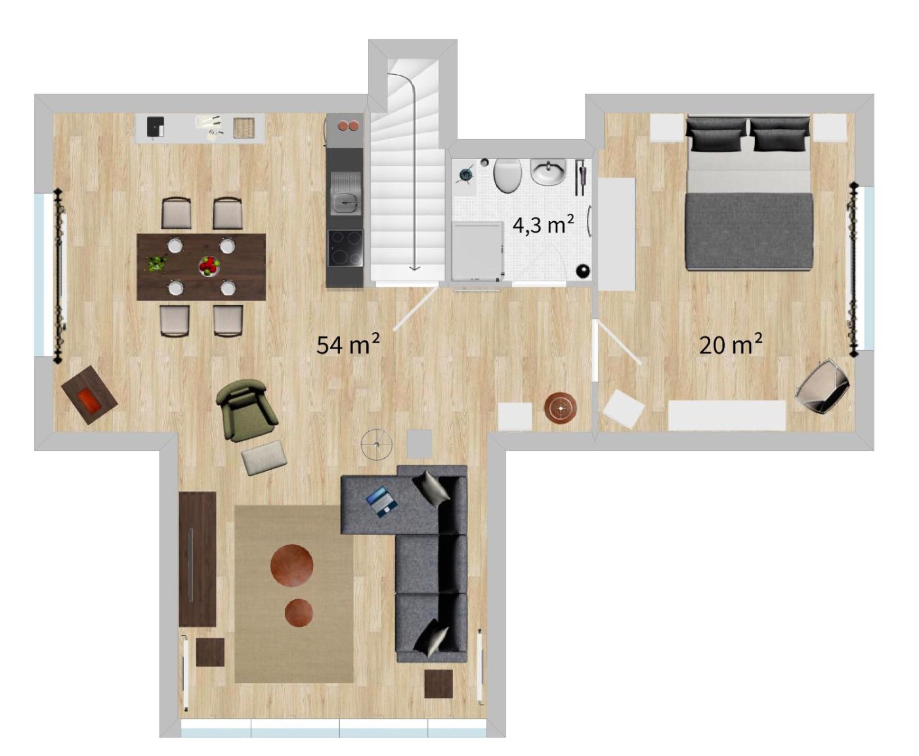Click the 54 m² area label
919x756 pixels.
pyautogui.click(x=347, y=345)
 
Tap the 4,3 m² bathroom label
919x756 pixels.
pyautogui.click(x=543, y=225)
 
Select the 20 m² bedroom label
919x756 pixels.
pyautogui.click(x=731, y=345)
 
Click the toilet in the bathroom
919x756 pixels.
pyautogui.click(x=507, y=176)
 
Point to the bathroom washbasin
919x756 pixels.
pyautogui.click(x=548, y=172)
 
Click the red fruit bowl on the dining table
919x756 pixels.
pyautogui.click(x=209, y=265)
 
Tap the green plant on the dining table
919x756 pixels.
pyautogui.click(x=156, y=264)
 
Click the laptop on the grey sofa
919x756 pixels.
pyautogui.click(x=382, y=501)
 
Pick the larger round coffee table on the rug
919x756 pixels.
pyautogui.click(x=291, y=566)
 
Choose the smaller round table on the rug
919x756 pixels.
pyautogui.click(x=299, y=612)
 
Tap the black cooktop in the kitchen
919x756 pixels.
pyautogui.click(x=345, y=247)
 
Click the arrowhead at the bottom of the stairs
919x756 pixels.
pyautogui.click(x=414, y=268)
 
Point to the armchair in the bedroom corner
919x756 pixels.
pyautogui.click(x=823, y=386)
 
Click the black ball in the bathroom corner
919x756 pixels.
pyautogui.click(x=582, y=270)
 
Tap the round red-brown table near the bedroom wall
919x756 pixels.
pyautogui.click(x=561, y=408)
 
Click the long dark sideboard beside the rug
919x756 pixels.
pyautogui.click(x=198, y=559)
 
